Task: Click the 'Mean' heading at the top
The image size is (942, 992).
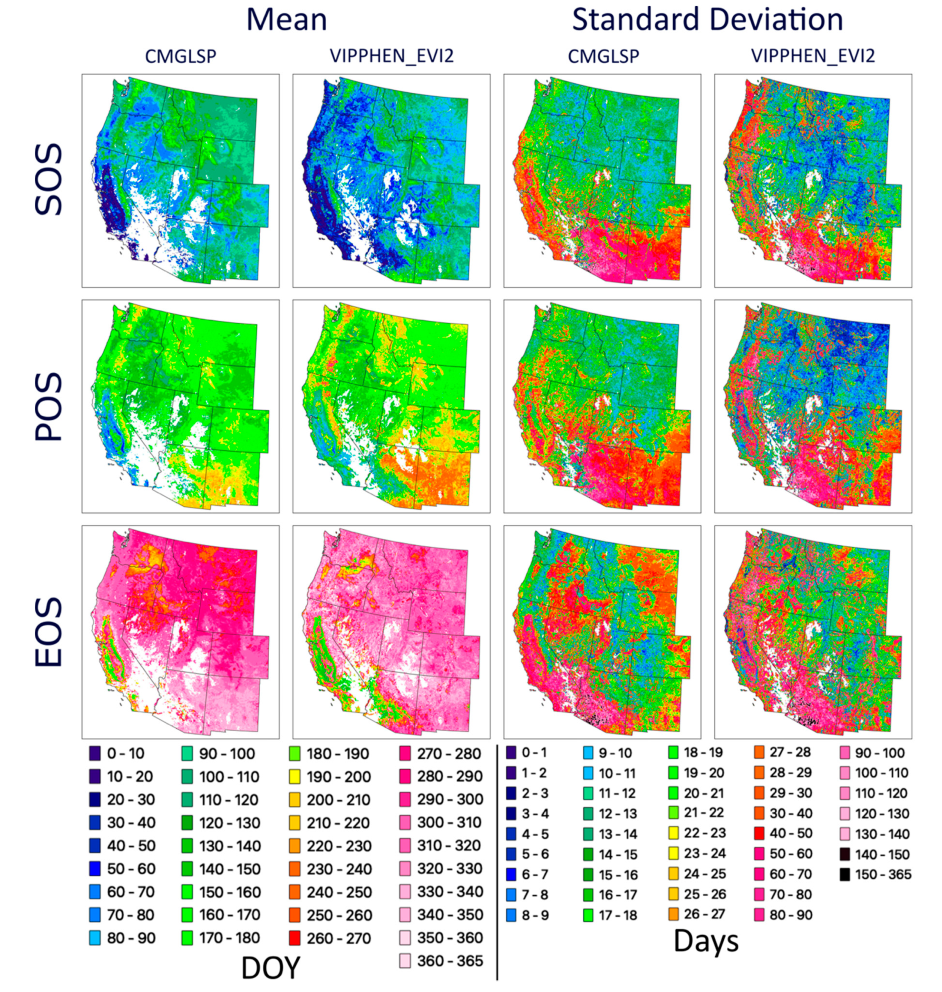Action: (x=287, y=20)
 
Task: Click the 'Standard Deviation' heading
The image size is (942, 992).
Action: (x=707, y=20)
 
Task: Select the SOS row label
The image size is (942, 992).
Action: (x=49, y=180)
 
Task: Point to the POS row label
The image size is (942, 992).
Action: (x=49, y=407)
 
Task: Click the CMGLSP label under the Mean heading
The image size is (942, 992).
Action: (x=180, y=56)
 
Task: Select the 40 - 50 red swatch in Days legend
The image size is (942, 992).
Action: (x=760, y=833)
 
